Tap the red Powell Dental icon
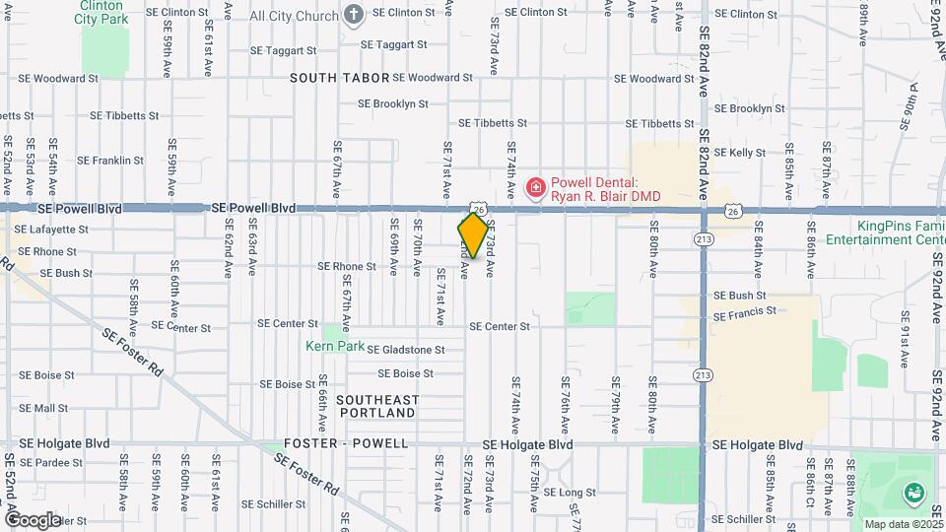tap(536, 187)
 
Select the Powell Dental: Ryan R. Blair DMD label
tap(604, 189)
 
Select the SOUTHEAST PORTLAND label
tap(377, 406)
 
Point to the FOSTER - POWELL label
tap(346, 443)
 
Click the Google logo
tap(33, 519)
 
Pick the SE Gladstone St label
tap(406, 349)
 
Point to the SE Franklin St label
tap(110, 160)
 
